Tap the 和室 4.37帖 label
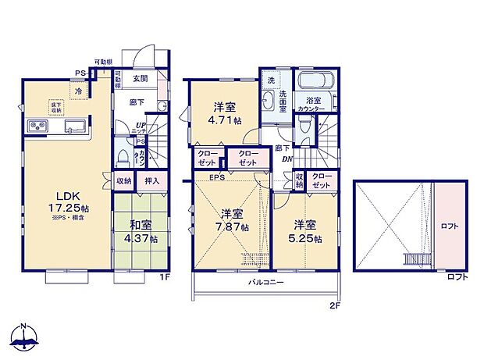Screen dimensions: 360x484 pyautogui.click(x=144, y=232)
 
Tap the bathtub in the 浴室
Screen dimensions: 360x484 pyautogui.click(x=315, y=82)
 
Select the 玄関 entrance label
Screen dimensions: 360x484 pyautogui.click(x=141, y=78)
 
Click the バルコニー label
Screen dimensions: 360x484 pyautogui.click(x=266, y=281)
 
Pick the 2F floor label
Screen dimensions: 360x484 pyautogui.click(x=334, y=305)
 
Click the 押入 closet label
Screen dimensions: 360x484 pyautogui.click(x=151, y=181)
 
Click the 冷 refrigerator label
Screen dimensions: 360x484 pyautogui.click(x=79, y=91)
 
